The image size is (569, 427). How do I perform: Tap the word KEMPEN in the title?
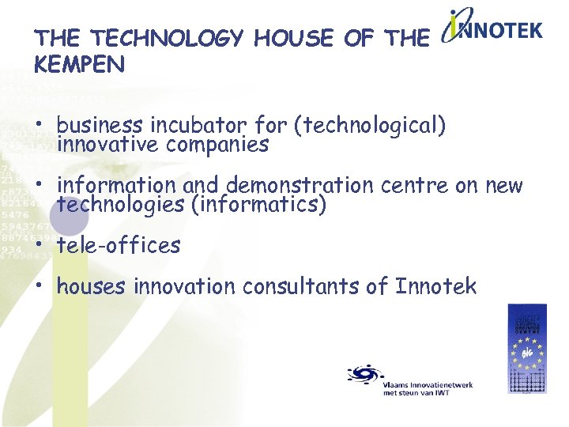coord(80,65)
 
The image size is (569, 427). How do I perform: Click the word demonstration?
coord(300,186)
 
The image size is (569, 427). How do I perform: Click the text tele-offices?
coord(119,246)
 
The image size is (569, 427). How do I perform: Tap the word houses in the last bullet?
coord(91,286)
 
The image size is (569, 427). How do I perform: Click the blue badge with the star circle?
coord(526,348)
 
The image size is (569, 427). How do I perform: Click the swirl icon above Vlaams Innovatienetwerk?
coord(364,374)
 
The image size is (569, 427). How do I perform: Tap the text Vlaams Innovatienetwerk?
coord(427,384)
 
